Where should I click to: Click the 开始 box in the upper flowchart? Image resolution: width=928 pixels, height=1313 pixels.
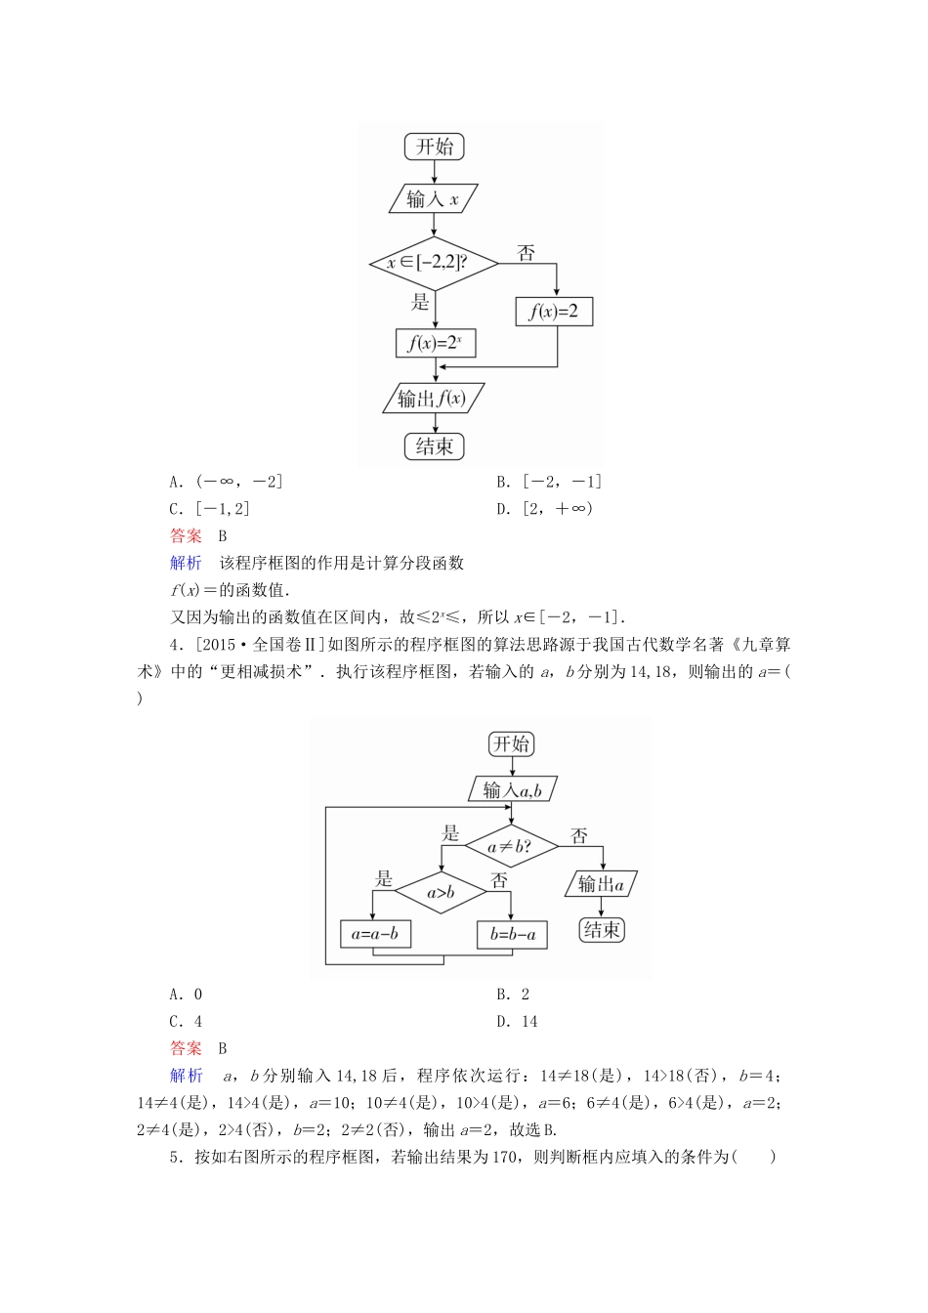coord(435,148)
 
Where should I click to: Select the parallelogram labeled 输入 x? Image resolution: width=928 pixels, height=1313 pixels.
coord(434,199)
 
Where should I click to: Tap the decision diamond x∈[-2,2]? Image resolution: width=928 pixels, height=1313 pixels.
coord(434,263)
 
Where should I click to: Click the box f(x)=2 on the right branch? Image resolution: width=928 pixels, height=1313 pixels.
coord(554,312)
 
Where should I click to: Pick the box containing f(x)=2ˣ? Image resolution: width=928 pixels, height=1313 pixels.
coord(435,343)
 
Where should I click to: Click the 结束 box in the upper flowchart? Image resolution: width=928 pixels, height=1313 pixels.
coord(434,446)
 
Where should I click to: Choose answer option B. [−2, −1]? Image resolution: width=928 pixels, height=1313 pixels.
coord(549,482)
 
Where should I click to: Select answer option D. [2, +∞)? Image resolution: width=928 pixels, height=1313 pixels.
coord(545,508)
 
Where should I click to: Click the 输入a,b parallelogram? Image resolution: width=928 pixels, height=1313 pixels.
coord(512,790)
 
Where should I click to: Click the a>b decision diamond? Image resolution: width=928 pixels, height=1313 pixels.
coord(442,892)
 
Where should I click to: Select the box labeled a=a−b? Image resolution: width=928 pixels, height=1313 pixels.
coord(375,934)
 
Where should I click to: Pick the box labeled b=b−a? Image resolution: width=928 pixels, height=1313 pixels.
coord(513,934)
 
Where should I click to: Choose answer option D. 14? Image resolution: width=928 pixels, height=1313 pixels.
coord(517,1022)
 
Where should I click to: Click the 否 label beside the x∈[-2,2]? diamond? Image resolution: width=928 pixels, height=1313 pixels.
coord(527,254)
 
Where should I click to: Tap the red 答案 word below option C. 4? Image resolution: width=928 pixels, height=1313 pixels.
coord(186,1048)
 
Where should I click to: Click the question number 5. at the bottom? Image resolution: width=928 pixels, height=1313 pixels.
coord(176,1157)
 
